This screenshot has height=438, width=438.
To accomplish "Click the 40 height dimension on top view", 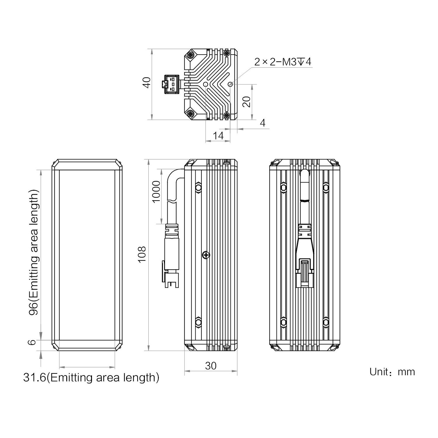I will [147, 82].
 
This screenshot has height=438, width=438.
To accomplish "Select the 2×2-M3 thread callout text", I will [282, 62].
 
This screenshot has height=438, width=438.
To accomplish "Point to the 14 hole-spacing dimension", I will [218, 135].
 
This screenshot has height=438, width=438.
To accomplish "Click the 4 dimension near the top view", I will [263, 123].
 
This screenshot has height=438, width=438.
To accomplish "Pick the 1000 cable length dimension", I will [156, 192].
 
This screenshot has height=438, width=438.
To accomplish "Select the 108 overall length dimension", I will [142, 254].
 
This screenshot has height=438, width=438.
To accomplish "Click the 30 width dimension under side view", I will [211, 366].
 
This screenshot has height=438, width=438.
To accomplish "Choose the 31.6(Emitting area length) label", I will [91, 378].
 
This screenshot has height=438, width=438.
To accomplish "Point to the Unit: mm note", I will [392, 372].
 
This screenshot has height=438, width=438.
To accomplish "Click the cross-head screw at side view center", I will [206, 255].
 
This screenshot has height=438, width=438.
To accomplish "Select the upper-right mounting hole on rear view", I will [326, 187].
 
